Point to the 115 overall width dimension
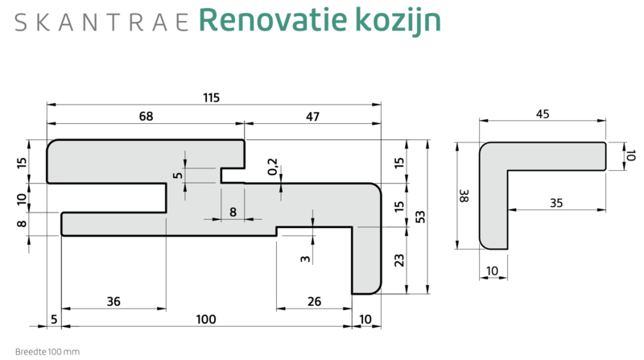[x=211, y=97]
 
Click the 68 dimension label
[x=146, y=117]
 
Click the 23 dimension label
[x=400, y=260]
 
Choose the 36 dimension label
[x=114, y=301]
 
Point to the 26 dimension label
[x=314, y=301]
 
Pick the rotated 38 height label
[x=463, y=195]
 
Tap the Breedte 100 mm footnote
[x=47, y=352]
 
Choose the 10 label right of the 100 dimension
[x=366, y=320]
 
